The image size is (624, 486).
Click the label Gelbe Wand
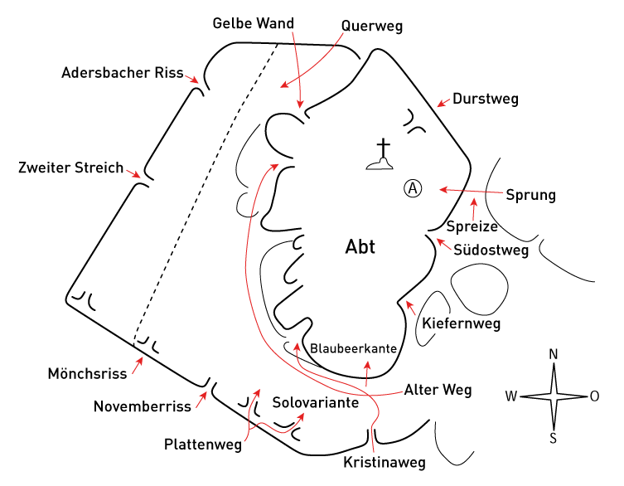pos(254,23)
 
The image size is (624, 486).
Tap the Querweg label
pos(372,27)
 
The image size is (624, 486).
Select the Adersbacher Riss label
pos(123,72)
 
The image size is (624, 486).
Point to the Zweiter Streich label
pos(70,168)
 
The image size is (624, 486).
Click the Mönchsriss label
pos(87,373)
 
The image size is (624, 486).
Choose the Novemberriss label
pos(143,406)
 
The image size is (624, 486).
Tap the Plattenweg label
pos(203,445)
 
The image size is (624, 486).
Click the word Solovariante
pos(316,402)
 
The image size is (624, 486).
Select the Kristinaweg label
pos(385,463)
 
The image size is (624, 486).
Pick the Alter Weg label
pos(438,390)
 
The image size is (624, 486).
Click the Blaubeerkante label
pos(353,348)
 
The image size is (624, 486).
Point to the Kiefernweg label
pos(462,323)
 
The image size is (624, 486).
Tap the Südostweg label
pos(491,250)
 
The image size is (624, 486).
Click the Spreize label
pos(472,226)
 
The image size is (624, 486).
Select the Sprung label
pos(531,195)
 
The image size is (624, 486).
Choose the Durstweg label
pos(486,99)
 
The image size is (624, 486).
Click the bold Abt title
pos(360,246)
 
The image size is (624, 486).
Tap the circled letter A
pos(413,188)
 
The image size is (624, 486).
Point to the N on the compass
pos(554,354)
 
